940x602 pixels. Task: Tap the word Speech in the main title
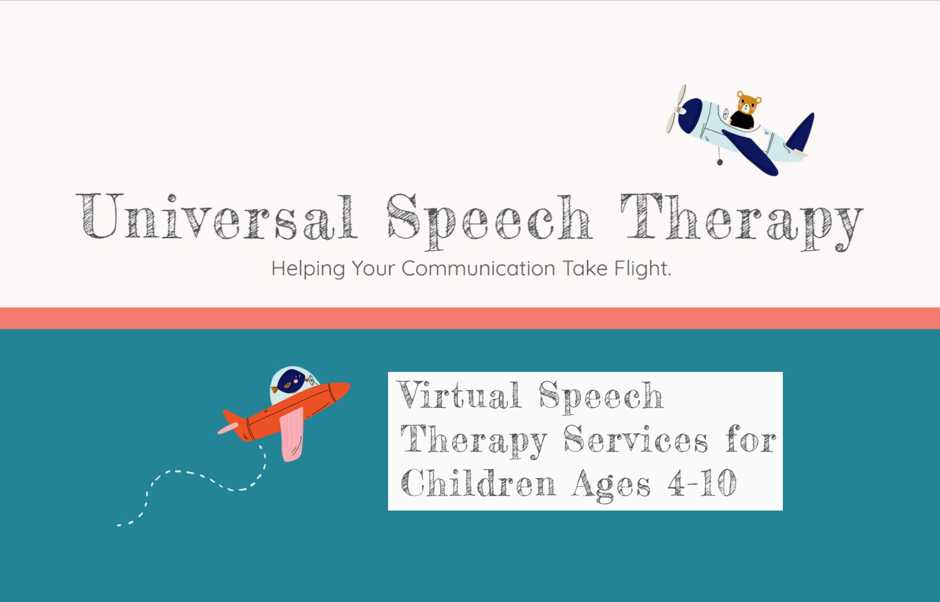(489, 219)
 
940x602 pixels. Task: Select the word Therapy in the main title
(742, 219)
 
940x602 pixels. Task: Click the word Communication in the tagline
(478, 269)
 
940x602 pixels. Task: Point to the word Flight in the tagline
(642, 269)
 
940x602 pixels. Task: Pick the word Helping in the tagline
(308, 269)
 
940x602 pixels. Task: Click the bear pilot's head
(748, 103)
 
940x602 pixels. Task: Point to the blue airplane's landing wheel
(720, 162)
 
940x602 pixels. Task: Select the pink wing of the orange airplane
(291, 434)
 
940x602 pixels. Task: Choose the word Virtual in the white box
(459, 396)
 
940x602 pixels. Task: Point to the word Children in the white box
(478, 483)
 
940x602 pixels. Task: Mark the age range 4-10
(702, 483)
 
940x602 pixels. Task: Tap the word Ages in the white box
(611, 484)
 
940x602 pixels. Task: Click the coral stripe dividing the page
(470, 318)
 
